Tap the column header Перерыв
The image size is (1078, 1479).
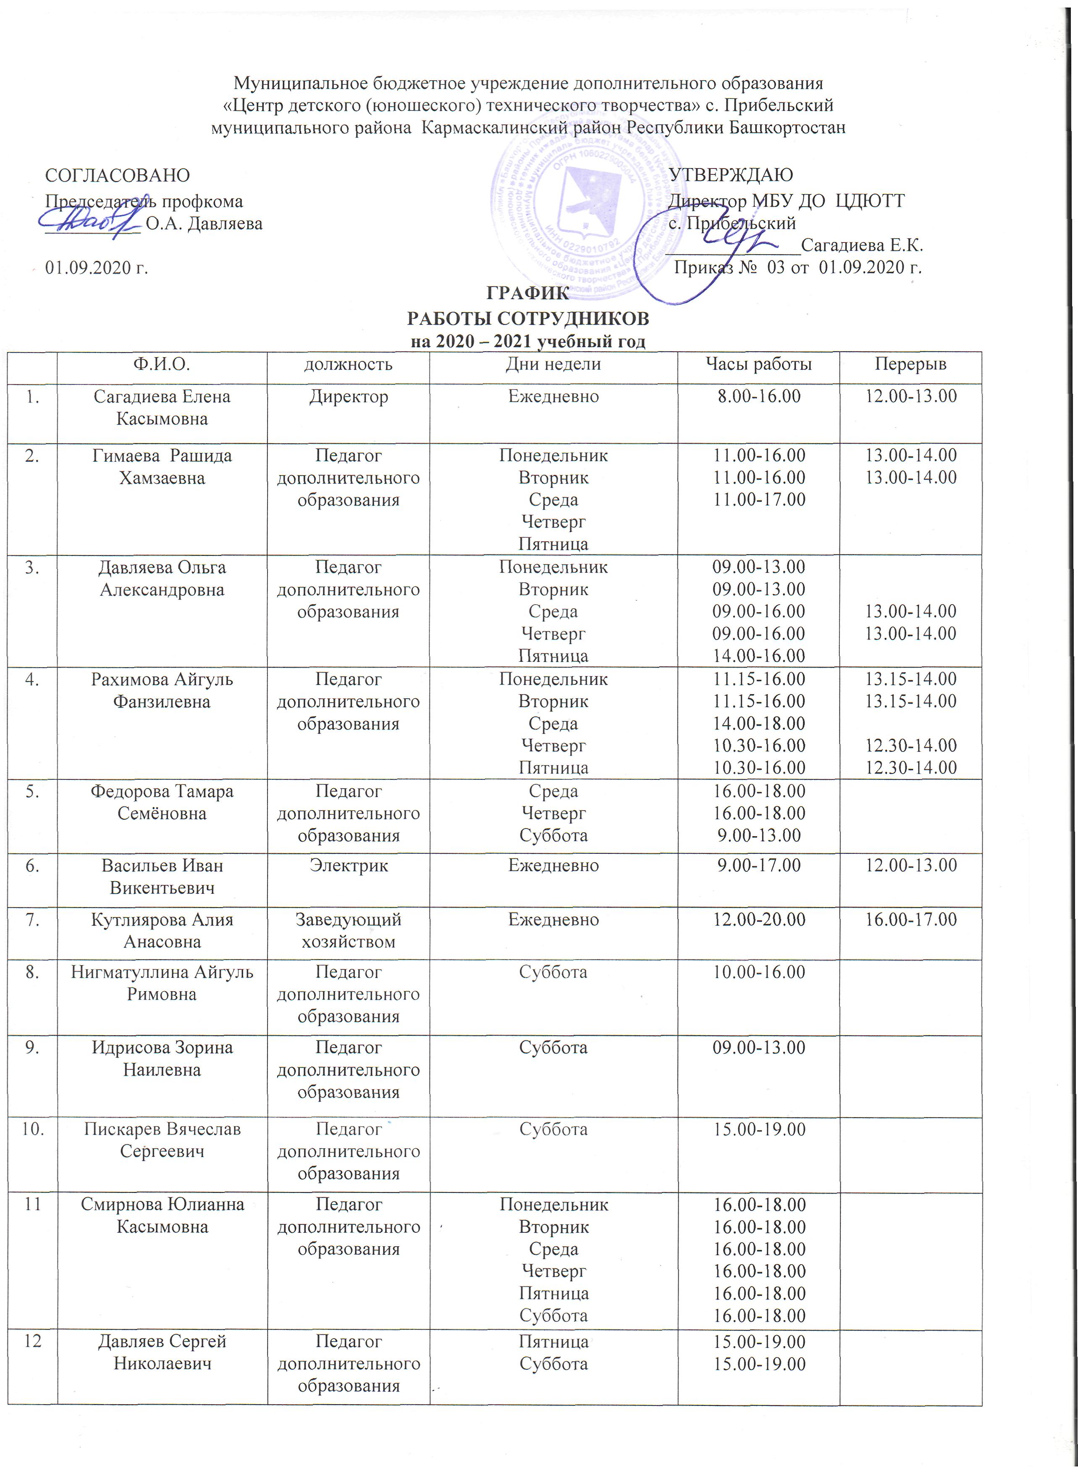[910, 364]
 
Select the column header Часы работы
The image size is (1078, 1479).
[759, 364]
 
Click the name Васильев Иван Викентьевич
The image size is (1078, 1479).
[162, 876]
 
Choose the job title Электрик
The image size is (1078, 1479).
[349, 866]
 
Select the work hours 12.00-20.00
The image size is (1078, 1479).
[759, 919]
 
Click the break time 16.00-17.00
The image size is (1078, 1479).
[910, 919]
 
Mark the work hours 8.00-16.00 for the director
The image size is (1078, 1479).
[759, 396]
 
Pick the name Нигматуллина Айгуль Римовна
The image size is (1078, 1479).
[162, 983]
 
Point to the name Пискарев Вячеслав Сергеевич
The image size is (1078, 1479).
[162, 1140]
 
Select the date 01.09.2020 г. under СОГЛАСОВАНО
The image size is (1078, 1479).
[97, 268]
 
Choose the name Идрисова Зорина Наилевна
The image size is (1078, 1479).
[162, 1058]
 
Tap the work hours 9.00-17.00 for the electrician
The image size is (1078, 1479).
[759, 866]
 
